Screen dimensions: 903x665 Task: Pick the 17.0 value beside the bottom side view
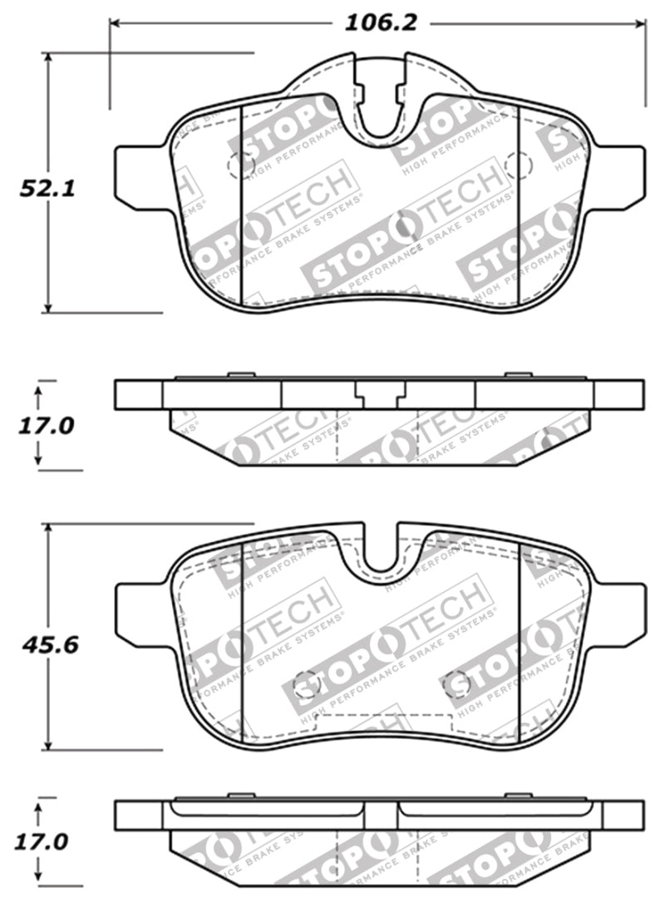(x=42, y=841)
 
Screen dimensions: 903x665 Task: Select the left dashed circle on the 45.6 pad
(x=307, y=683)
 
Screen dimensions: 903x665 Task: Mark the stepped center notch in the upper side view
(x=381, y=396)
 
